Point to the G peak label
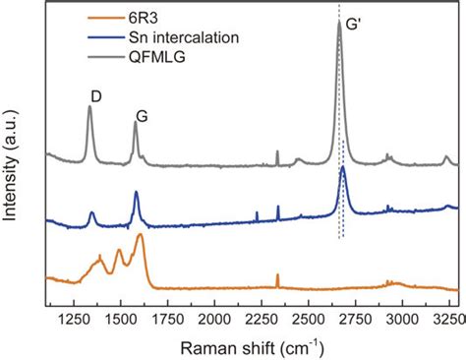click(x=143, y=114)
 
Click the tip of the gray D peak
click(x=89, y=107)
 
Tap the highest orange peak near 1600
click(x=141, y=235)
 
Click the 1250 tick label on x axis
click(x=74, y=320)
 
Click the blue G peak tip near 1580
click(x=137, y=193)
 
